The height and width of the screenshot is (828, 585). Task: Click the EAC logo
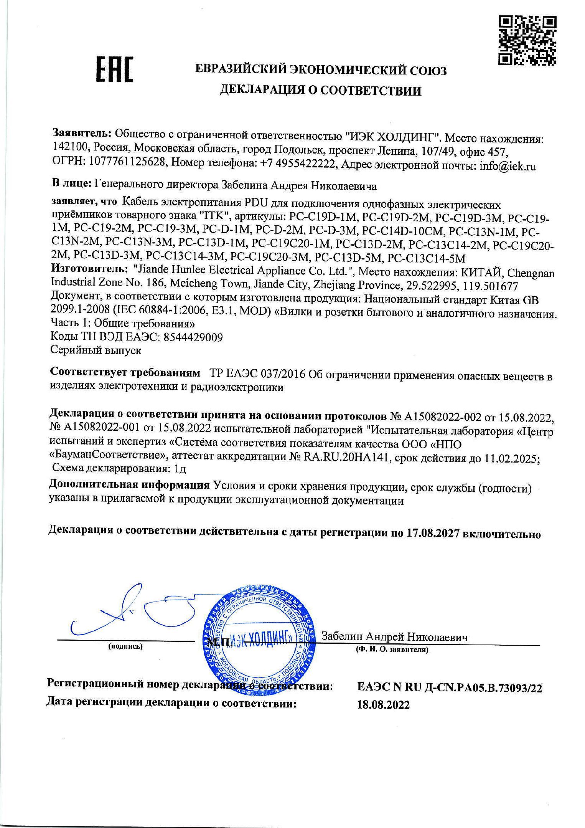click(x=114, y=69)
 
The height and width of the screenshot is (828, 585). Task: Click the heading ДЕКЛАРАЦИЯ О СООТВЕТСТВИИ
click(x=320, y=91)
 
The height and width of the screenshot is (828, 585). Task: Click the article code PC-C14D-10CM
click(x=403, y=231)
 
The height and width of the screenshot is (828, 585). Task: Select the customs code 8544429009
click(x=193, y=337)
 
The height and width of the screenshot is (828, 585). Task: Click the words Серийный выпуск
click(x=96, y=350)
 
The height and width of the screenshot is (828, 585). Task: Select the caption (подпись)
click(x=125, y=646)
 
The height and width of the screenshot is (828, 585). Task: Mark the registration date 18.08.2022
click(x=383, y=705)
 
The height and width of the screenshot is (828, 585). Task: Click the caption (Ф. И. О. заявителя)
click(x=392, y=650)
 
